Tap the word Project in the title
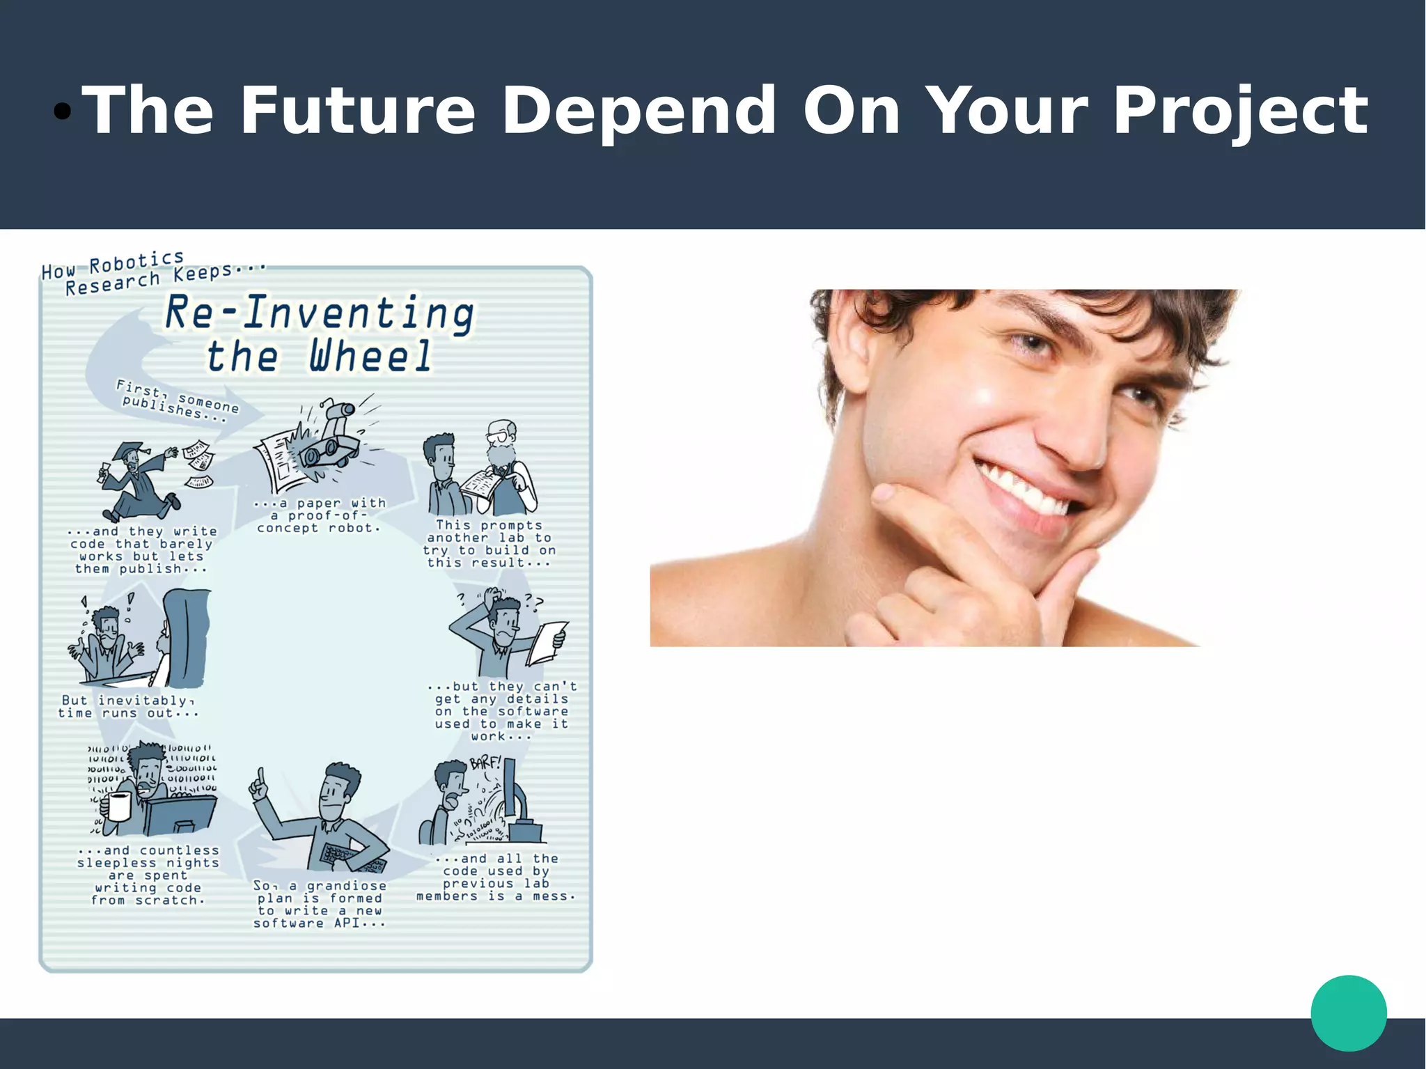(1240, 111)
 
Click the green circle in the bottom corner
(1348, 1013)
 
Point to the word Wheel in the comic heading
(370, 356)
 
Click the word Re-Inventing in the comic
(320, 313)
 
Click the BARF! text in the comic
(485, 763)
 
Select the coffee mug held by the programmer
(118, 806)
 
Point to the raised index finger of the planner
(260, 777)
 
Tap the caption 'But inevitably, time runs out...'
(128, 707)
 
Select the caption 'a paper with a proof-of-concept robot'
(319, 515)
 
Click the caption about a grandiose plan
(319, 905)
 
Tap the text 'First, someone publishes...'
(177, 402)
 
